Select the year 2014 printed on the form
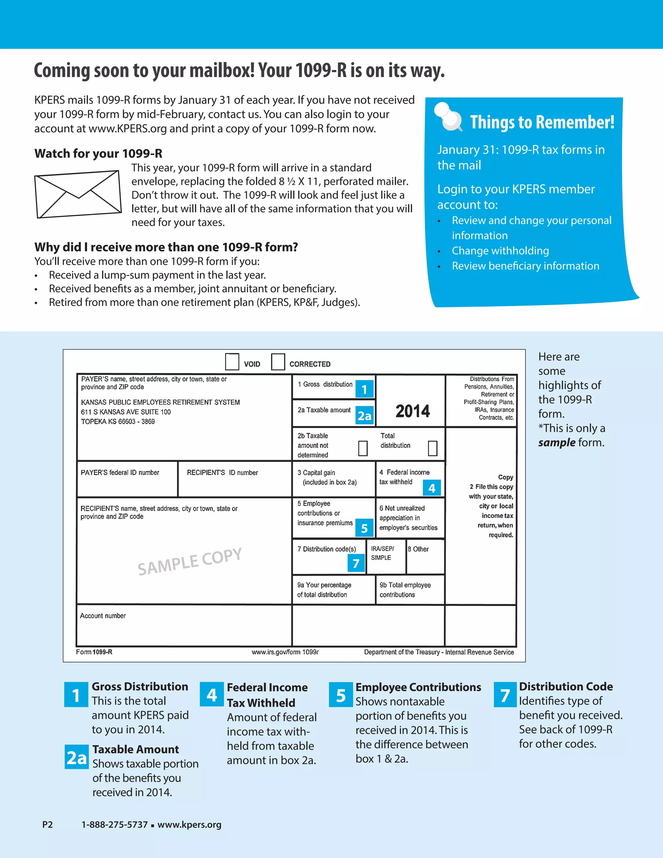tap(412, 411)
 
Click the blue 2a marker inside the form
tap(365, 416)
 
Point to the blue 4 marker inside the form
tap(432, 488)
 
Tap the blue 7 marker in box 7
tap(356, 563)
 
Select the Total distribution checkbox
tap(433, 448)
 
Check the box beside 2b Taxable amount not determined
tap(363, 448)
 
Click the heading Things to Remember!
tap(542, 122)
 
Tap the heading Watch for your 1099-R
tap(98, 153)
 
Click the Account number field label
tap(103, 615)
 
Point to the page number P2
tap(48, 825)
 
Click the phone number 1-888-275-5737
tap(114, 825)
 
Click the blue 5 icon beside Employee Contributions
tap(341, 695)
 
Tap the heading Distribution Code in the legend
tap(566, 686)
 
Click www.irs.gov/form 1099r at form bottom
tap(285, 652)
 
